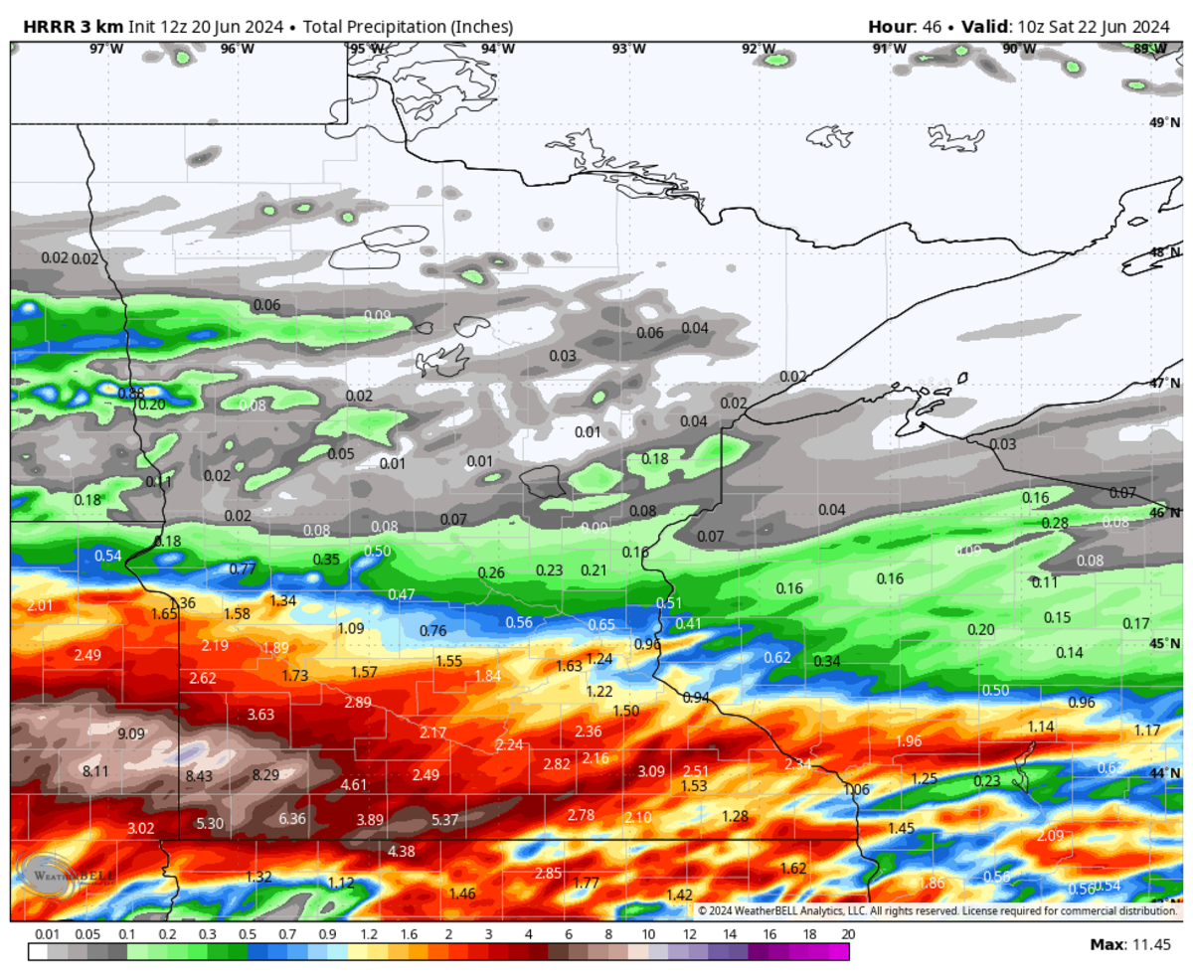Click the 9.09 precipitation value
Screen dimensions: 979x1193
[x=131, y=734]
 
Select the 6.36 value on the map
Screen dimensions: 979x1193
[x=292, y=819]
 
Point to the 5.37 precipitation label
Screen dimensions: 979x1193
[x=445, y=820]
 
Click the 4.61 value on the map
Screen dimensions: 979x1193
[x=354, y=785]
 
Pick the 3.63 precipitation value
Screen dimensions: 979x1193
[x=260, y=715]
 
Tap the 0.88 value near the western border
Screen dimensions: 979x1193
[x=131, y=393]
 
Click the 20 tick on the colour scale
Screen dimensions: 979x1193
[x=847, y=935]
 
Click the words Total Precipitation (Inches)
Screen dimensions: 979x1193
[x=401, y=26]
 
